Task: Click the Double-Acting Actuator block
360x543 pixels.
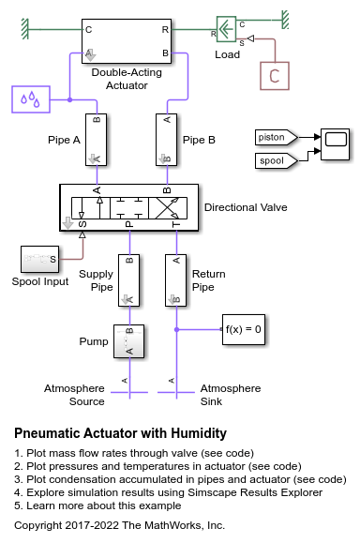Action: [127, 41]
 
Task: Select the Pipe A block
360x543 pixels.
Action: [97, 140]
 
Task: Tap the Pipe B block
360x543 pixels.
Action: [167, 140]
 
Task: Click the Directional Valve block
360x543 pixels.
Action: [129, 207]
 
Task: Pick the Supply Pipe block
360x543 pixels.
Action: [128, 280]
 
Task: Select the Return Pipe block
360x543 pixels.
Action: [175, 280]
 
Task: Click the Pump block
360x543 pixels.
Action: [128, 341]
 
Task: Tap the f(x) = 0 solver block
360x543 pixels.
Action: [244, 329]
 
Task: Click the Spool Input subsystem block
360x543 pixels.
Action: [39, 259]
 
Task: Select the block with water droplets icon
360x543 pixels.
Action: [31, 99]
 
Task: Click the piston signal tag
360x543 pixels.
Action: [277, 138]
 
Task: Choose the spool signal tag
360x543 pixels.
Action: [277, 160]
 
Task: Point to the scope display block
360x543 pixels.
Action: [335, 144]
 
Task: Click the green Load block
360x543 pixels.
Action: [226, 29]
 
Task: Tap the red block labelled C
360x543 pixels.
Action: [275, 76]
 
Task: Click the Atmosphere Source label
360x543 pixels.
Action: [74, 395]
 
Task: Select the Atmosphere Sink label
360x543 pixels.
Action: [231, 395]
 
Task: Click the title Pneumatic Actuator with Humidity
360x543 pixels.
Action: [120, 433]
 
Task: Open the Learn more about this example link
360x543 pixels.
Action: [97, 505]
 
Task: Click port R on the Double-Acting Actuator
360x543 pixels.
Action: [165, 30]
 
